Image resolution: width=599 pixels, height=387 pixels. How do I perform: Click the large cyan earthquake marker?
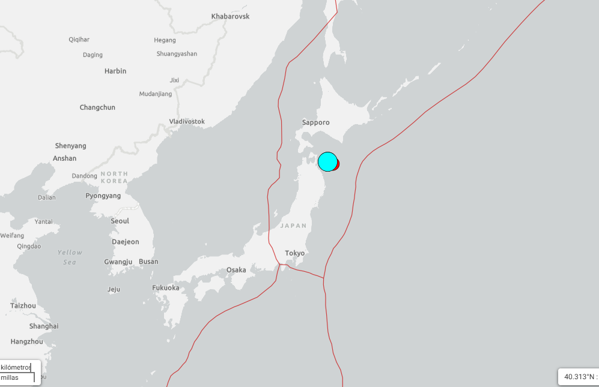coord(327,162)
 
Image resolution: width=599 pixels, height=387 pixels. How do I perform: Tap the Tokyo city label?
coord(294,253)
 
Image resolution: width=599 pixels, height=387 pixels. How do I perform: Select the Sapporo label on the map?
coord(315,122)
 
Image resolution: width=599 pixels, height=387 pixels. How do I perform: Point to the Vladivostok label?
coord(187,121)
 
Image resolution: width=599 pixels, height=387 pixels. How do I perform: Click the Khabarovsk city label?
coord(230,16)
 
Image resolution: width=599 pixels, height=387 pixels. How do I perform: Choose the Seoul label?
coord(120,221)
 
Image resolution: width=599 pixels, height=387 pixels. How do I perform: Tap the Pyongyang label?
coord(103,196)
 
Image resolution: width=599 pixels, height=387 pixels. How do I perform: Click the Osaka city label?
coord(236,270)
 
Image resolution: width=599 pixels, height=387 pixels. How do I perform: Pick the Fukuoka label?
coord(166,288)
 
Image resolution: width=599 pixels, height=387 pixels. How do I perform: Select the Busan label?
coord(148,262)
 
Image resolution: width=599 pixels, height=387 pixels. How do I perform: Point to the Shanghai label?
coord(44,326)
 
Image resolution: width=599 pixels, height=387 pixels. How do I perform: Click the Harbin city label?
coord(115,71)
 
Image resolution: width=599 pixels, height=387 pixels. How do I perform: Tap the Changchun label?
coord(97,107)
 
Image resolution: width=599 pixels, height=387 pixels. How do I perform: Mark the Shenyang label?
coord(71,146)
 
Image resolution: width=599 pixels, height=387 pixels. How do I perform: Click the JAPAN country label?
coord(293,226)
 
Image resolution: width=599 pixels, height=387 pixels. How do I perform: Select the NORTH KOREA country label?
coord(114,177)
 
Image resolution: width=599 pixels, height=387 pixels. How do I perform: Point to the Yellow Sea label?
coord(70,257)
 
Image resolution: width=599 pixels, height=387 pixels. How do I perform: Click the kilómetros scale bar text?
coord(16,367)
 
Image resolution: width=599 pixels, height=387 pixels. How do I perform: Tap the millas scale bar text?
coord(10,377)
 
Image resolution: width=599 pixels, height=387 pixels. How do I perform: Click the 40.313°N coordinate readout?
coord(578,377)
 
